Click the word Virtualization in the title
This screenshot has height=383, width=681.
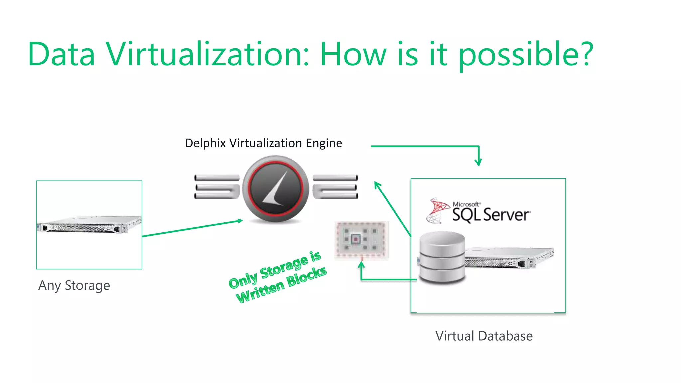[208, 54]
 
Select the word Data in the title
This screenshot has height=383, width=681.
[62, 54]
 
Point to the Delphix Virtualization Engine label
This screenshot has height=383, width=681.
[263, 143]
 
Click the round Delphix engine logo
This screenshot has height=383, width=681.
[276, 189]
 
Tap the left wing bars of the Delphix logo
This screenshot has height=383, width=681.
[217, 187]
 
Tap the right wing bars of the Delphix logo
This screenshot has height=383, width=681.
[335, 187]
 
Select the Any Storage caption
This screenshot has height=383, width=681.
[74, 286]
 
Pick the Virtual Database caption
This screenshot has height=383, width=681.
[484, 336]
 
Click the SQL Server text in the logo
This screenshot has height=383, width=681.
[491, 215]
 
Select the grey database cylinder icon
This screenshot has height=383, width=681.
[442, 257]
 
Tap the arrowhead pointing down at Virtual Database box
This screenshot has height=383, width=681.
[478, 162]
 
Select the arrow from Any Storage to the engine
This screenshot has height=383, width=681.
[192, 228]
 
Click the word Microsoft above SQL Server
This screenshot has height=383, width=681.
[466, 204]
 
